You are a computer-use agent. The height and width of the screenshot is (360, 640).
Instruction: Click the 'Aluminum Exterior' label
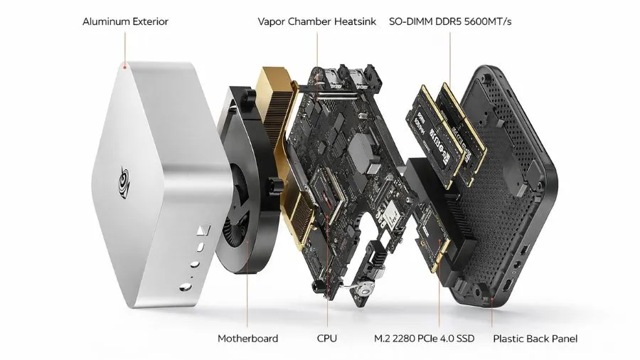125,21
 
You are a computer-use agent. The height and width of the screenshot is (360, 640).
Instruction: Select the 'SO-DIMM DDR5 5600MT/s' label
450,21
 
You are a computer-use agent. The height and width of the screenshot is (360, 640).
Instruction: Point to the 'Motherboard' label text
247,339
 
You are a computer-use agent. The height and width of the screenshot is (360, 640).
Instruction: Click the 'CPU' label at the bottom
327,339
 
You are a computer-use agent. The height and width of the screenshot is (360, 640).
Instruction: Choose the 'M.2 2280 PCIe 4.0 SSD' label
424,339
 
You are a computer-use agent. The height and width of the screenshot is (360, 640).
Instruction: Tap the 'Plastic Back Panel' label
535,339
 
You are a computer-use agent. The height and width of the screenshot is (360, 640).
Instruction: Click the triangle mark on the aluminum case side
202,231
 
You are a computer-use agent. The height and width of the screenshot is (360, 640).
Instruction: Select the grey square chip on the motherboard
364,152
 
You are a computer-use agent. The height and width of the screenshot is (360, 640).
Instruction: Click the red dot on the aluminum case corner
124,68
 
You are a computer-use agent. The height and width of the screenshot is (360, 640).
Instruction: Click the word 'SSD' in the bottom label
464,339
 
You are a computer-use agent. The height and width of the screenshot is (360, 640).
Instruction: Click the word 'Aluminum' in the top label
104,21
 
